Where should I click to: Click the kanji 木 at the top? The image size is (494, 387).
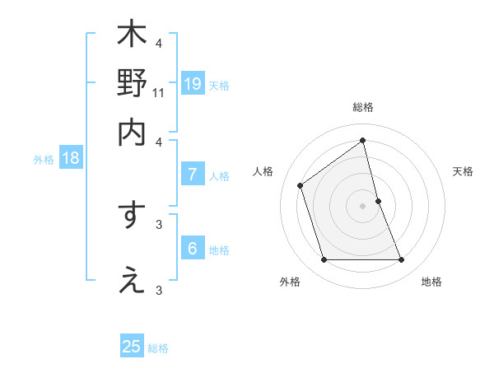point(132,35)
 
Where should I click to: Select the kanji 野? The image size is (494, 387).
point(132,83)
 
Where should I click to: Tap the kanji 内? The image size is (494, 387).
point(132,132)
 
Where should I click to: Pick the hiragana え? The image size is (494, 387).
point(132,280)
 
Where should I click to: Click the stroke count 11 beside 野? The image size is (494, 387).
point(159,94)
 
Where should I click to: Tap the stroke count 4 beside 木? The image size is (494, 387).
point(159,44)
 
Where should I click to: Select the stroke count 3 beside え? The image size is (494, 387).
point(159,290)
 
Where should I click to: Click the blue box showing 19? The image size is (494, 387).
point(193,83)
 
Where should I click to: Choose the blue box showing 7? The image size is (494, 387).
point(193,175)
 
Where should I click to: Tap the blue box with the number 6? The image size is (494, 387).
point(193,249)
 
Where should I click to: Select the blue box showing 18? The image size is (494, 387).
point(71,159)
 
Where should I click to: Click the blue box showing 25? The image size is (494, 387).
point(132,347)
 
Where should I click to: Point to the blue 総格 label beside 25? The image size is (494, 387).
point(158,348)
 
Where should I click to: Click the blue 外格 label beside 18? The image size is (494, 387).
point(43,160)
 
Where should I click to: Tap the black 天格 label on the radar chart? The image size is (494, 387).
point(464,171)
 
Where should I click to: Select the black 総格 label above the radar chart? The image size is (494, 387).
point(363,107)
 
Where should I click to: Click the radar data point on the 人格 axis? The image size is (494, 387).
point(301,185)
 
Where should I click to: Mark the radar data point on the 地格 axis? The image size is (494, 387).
point(402,260)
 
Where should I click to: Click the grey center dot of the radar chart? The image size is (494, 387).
point(363,206)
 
